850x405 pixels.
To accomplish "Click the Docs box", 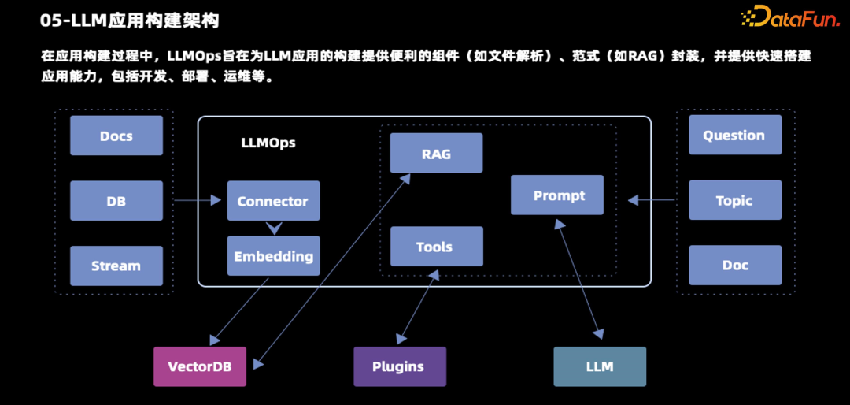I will pos(116,136).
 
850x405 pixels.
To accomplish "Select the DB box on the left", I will pos(116,201).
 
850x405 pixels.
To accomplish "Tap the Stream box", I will pos(116,266).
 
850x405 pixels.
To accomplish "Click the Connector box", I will pos(273,201).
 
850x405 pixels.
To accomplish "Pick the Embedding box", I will pos(273,256).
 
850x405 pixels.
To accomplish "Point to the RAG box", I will pos(436,154).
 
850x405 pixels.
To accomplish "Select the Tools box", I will pos(436,247).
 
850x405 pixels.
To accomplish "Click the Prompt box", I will pos(558,195).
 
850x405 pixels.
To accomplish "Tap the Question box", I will pos(735,136).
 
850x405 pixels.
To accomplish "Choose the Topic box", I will pos(735,200).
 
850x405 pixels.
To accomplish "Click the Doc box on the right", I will pos(735,265).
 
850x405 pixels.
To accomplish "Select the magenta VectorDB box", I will pos(200,366).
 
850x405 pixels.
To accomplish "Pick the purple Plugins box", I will pos(399,366).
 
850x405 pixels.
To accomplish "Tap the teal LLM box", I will pos(600,366).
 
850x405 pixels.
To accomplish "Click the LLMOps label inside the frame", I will pos(268,143).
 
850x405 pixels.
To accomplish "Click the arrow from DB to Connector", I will pos(197,200).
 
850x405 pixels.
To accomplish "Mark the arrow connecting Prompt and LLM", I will pos(581,279).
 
